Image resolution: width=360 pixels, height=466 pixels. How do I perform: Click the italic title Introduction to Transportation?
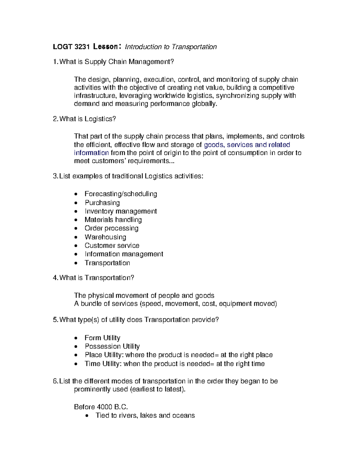click(171, 47)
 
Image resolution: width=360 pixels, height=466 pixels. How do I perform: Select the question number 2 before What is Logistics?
click(55, 119)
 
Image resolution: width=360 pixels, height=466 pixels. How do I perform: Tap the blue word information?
click(91, 153)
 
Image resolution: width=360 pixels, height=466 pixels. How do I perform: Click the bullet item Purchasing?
click(102, 203)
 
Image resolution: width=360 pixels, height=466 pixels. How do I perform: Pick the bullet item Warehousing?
click(105, 237)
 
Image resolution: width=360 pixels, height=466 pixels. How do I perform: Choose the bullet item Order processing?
click(111, 228)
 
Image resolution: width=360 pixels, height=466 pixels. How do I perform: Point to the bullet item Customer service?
click(112, 246)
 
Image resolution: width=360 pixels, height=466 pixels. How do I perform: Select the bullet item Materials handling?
click(113, 220)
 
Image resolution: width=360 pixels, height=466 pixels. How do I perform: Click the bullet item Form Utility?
click(102, 338)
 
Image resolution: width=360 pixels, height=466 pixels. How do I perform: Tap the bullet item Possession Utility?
click(112, 347)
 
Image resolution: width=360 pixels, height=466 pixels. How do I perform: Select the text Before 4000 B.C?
click(101, 407)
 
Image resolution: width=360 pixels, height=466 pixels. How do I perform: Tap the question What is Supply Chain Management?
click(116, 62)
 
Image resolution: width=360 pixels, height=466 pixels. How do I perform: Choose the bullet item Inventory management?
click(121, 211)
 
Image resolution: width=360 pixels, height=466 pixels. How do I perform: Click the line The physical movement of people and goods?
click(144, 296)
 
